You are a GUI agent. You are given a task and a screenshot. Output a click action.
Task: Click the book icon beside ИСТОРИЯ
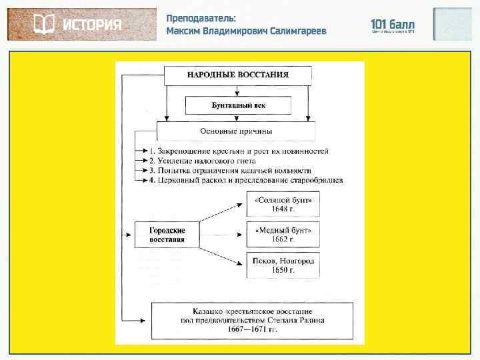[44, 25]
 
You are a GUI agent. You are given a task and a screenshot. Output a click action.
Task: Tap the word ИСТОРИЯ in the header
[93, 25]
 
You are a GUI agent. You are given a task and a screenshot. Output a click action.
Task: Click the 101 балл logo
[393, 25]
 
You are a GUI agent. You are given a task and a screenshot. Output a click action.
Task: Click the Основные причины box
[236, 131]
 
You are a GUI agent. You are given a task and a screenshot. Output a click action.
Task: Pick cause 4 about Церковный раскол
[245, 180]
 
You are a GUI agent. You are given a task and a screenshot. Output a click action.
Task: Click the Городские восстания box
[167, 235]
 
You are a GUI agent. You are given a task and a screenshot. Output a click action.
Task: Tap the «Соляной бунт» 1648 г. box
[283, 204]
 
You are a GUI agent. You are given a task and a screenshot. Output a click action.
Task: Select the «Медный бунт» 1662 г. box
[283, 235]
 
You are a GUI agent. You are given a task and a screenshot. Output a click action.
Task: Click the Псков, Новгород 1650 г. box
[283, 265]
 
